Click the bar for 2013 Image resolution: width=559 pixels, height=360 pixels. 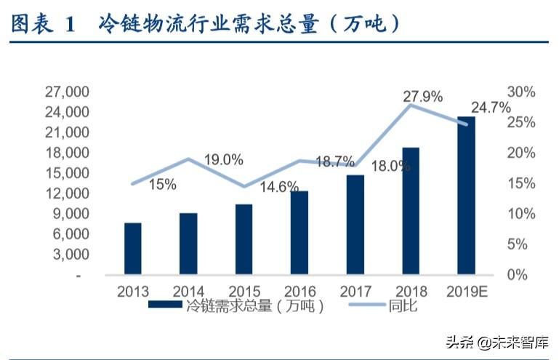(x=132, y=249)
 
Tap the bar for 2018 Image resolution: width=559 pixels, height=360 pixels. (x=410, y=211)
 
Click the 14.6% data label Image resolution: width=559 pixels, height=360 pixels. (x=279, y=187)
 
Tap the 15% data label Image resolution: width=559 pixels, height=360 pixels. (x=163, y=185)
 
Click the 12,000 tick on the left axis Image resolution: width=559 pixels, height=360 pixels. (x=67, y=194)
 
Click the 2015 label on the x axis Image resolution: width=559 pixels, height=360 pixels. (x=244, y=291)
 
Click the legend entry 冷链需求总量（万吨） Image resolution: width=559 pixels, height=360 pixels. (x=236, y=306)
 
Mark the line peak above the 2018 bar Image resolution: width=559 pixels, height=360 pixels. (x=411, y=105)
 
